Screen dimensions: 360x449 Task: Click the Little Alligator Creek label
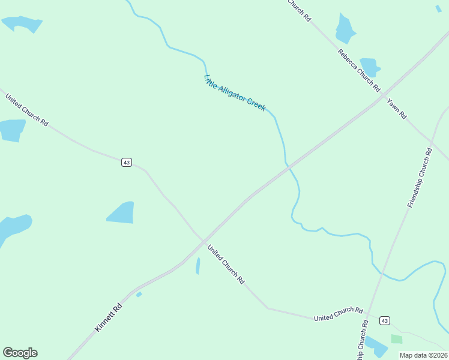pos(235,92)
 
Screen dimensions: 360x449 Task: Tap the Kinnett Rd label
pos(109,317)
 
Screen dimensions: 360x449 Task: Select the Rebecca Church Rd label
pos(359,70)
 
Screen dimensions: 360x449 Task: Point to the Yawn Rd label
pos(397,107)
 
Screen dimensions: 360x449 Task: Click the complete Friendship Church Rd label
pos(420,178)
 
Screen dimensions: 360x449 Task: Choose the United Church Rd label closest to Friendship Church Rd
pos(339,314)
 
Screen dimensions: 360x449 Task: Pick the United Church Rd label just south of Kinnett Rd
pos(226,265)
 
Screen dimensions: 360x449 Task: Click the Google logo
pos(20,353)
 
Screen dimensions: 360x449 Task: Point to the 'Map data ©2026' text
pos(424,355)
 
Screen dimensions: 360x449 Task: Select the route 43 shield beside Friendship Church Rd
pos(385,320)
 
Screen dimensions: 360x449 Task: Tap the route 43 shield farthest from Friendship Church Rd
pos(126,163)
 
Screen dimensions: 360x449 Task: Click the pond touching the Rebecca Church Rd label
pos(369,67)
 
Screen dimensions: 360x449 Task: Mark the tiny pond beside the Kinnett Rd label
pos(139,294)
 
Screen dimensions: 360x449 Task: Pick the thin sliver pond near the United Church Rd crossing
pos(197,266)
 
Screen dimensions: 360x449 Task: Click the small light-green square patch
pos(396,339)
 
